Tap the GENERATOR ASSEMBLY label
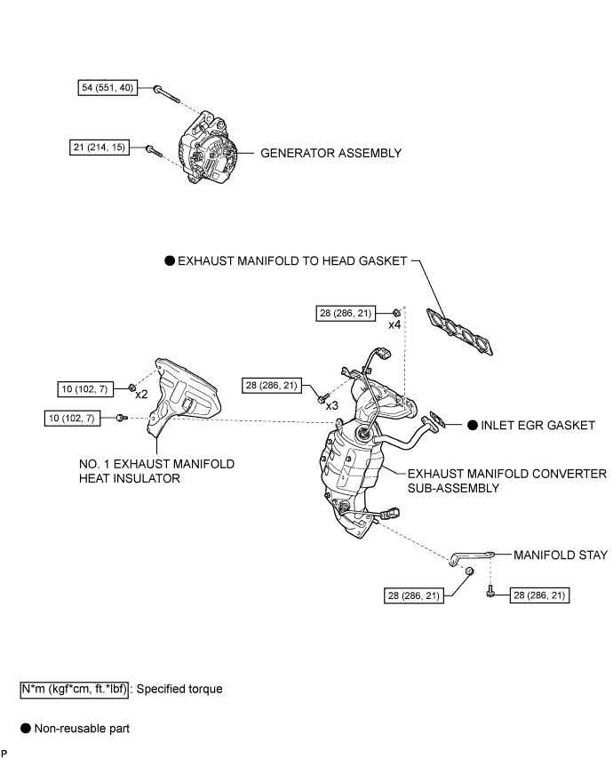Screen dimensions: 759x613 point(330,153)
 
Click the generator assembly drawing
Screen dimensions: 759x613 point(211,148)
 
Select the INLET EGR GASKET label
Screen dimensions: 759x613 point(537,425)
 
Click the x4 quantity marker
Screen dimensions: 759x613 point(394,325)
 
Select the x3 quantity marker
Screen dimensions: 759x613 point(330,405)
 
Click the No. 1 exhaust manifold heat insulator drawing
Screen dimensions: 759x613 point(185,395)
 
